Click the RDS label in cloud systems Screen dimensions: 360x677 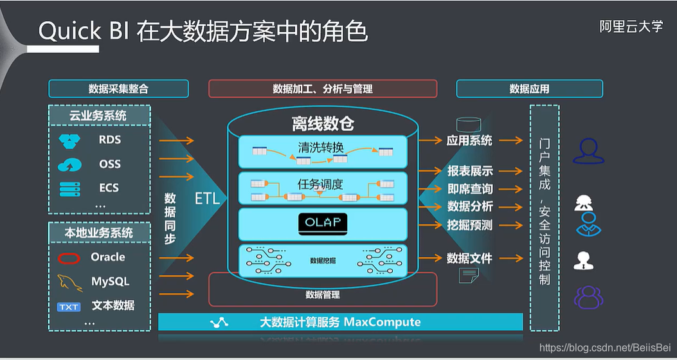click(110, 139)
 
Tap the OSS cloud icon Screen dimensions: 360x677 click(69, 165)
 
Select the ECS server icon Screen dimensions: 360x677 click(69, 188)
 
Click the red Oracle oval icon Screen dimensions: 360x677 click(69, 258)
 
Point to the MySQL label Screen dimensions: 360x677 click(110, 282)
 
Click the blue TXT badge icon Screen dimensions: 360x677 click(69, 307)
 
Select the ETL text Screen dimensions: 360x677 click(207, 199)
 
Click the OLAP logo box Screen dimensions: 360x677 click(323, 223)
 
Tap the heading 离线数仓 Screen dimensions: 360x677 click(323, 123)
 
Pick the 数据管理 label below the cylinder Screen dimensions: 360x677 click(323, 295)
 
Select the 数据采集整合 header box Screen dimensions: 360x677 click(118, 89)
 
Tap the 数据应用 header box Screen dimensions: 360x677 click(529, 89)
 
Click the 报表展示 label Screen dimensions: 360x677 click(470, 171)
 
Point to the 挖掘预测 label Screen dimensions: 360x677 click(470, 225)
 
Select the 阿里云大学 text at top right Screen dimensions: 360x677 click(631, 26)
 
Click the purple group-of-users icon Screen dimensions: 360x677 click(589, 296)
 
